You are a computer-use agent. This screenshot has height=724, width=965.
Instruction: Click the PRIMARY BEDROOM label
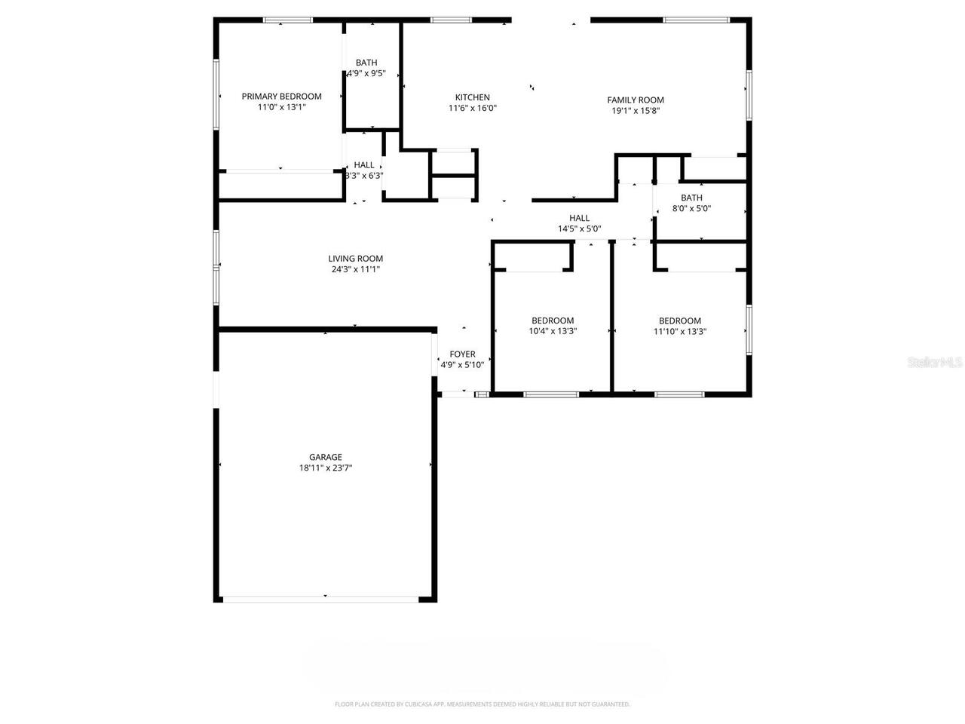[x=281, y=97]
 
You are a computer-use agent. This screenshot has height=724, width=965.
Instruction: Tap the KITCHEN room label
[x=472, y=97]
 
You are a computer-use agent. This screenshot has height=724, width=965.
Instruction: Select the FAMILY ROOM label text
[x=636, y=100]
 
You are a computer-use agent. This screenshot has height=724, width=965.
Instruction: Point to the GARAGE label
[x=326, y=457]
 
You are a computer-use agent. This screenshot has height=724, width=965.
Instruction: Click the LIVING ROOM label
[x=355, y=259]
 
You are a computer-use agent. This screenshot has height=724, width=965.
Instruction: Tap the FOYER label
[x=462, y=354]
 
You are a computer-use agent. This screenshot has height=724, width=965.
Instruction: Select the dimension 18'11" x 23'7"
[x=326, y=468]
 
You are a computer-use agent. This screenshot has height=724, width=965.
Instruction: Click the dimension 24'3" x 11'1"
[x=355, y=269]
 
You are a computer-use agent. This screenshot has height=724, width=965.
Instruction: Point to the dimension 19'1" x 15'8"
[x=636, y=111]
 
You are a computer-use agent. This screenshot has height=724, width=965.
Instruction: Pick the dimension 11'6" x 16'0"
[x=472, y=108]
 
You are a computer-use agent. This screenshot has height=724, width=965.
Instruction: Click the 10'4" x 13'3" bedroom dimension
[x=553, y=331]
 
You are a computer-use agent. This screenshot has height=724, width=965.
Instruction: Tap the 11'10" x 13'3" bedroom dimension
[x=679, y=331]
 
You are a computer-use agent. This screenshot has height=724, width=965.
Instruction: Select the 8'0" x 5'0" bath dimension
[x=691, y=209]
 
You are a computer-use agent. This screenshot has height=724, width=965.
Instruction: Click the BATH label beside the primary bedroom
[x=366, y=63]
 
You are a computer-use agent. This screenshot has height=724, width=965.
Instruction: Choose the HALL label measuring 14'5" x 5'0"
[x=579, y=218]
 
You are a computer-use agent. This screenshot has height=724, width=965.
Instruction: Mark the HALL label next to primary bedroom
[x=364, y=165]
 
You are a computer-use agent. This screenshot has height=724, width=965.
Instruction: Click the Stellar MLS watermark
[x=935, y=363]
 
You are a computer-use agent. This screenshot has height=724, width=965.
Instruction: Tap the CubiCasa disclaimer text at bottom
[x=482, y=704]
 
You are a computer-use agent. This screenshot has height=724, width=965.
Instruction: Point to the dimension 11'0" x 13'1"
[x=281, y=107]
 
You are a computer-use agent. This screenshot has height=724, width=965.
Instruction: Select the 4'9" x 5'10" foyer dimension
[x=462, y=365]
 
